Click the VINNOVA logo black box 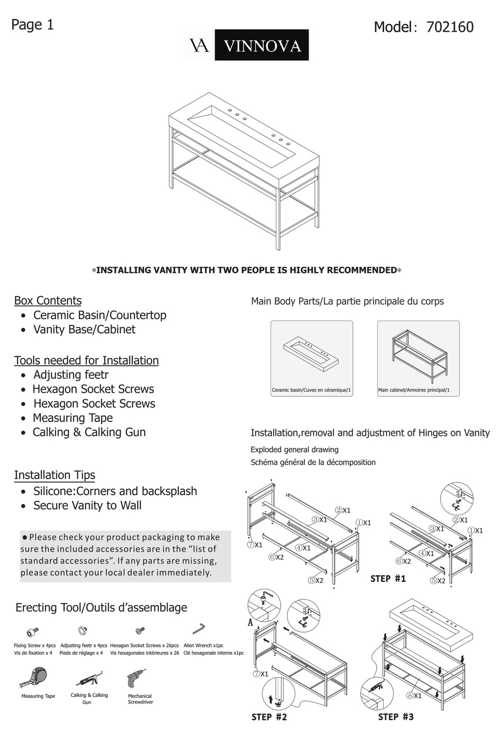click(262, 45)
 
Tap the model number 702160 click(449, 27)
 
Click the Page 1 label click(32, 25)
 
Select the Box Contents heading click(48, 300)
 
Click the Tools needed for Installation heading click(86, 360)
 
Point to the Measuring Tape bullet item click(72, 418)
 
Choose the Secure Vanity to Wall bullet click(87, 505)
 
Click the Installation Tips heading click(54, 475)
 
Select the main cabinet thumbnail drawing click(418, 354)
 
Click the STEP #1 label click(388, 579)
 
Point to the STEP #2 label click(269, 717)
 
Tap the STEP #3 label click(396, 717)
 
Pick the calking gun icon click(88, 679)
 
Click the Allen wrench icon click(199, 629)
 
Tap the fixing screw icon click(33, 632)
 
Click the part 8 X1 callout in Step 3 click(414, 696)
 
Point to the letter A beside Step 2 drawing click(250, 623)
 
